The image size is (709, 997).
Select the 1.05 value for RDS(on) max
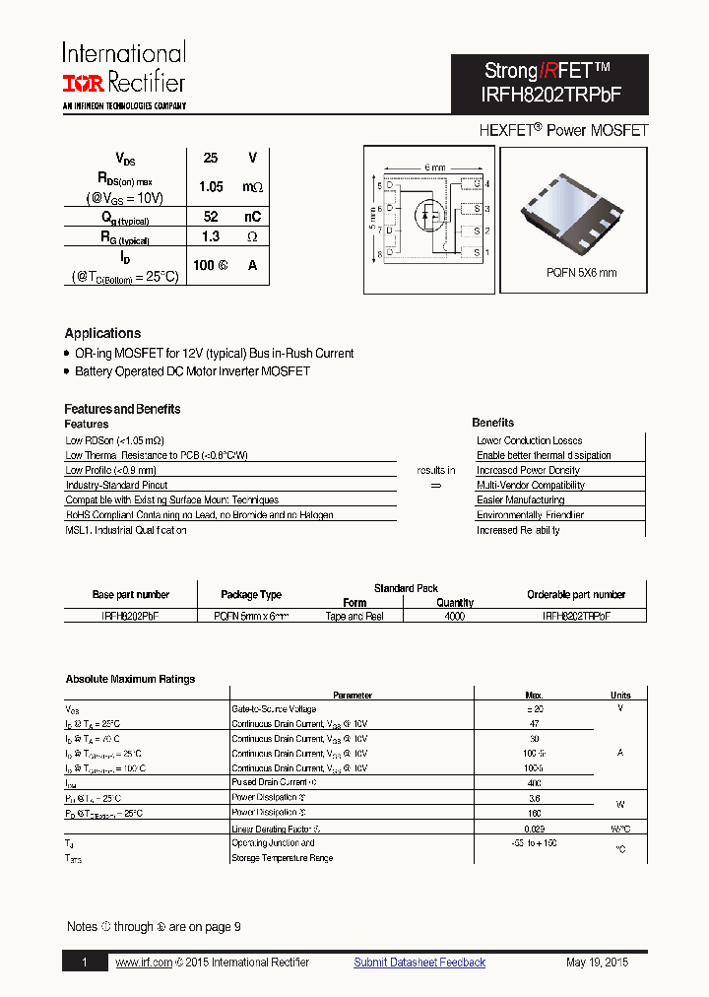[x=211, y=186]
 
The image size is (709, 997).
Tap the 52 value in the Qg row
[x=211, y=216]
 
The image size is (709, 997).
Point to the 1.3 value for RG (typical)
[x=210, y=237]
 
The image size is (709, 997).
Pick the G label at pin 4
[x=476, y=184]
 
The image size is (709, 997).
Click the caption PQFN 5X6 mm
[x=581, y=273]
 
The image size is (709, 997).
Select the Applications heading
[x=102, y=333]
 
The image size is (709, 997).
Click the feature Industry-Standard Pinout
[x=116, y=485]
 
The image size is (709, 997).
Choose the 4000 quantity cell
[x=454, y=616]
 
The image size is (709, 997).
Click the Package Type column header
[x=251, y=595]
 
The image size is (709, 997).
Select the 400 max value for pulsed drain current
[x=534, y=782]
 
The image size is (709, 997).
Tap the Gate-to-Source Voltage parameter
[x=274, y=708]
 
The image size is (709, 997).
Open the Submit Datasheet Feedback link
[x=419, y=963]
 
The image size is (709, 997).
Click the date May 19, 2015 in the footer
[x=597, y=963]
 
